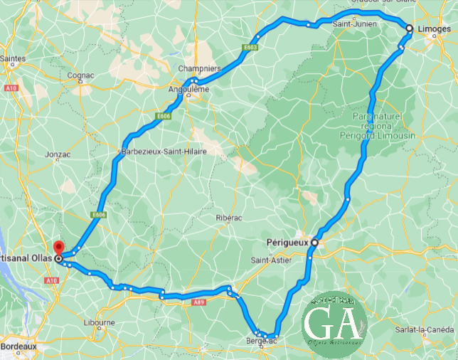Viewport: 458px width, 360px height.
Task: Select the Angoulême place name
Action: click(188, 90)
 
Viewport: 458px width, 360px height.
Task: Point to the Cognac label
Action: click(80, 75)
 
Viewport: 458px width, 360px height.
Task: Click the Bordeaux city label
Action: click(19, 346)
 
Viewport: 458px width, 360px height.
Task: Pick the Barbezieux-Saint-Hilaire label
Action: click(158, 152)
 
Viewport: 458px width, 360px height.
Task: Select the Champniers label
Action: click(200, 69)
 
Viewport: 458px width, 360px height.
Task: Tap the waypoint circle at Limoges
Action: click(409, 28)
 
